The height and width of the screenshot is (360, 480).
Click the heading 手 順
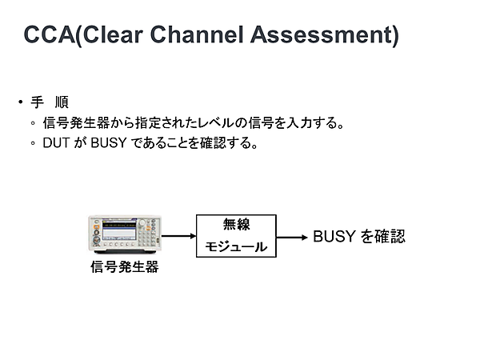tap(50, 102)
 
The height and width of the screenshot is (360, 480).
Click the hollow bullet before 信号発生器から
tap(33, 124)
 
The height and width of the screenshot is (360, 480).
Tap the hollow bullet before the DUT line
tap(33, 145)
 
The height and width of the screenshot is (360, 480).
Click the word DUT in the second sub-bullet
tap(56, 145)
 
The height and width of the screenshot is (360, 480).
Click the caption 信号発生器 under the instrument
tap(124, 267)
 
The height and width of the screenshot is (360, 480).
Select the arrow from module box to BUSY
tap(292, 237)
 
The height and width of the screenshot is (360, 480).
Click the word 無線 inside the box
tap(236, 225)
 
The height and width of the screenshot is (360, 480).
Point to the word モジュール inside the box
tap(236, 247)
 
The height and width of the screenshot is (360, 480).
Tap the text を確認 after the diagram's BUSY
tap(382, 237)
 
